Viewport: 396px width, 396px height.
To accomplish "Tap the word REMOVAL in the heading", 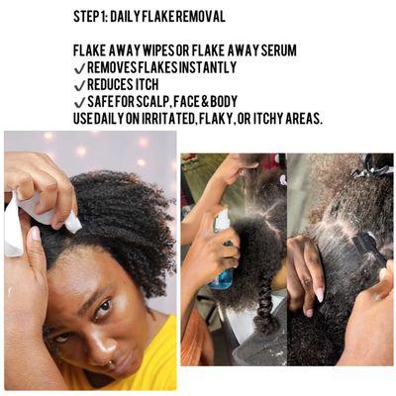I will coord(199,17).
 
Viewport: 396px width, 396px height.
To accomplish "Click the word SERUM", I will coord(274,50).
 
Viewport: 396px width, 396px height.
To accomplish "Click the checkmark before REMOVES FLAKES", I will coord(79,67).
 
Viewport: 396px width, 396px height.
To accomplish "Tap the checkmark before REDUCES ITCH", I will coord(79,85).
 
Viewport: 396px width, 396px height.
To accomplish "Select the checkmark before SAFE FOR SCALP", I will coord(79,102).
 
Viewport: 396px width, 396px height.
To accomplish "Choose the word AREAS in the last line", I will coord(300,119).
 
